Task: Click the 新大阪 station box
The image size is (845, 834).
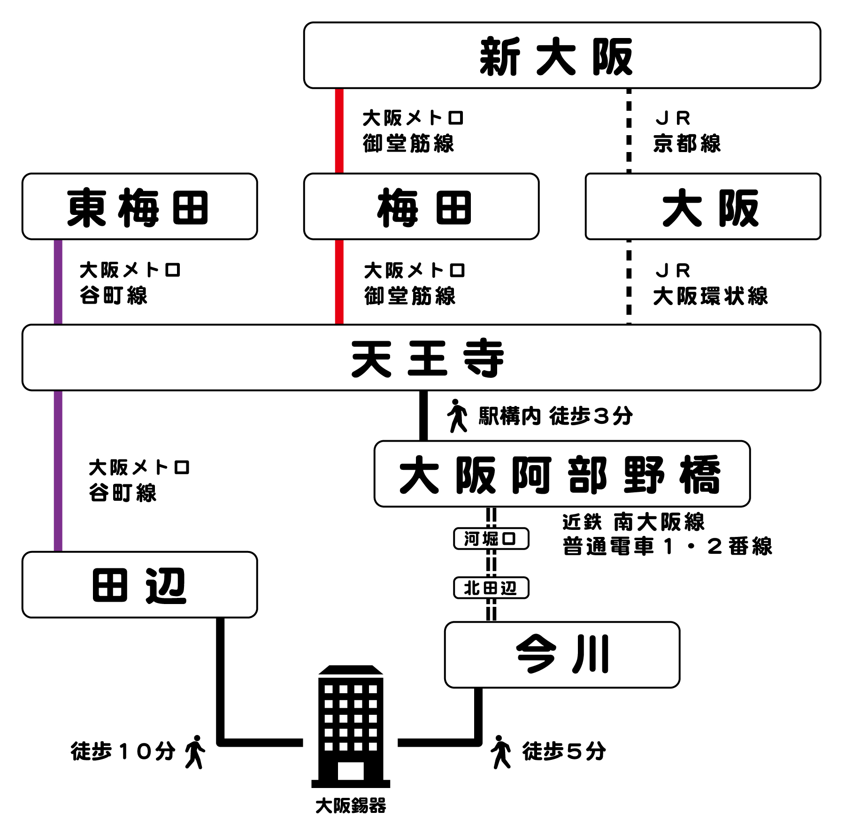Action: click(561, 55)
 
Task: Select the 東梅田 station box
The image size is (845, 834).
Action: click(139, 207)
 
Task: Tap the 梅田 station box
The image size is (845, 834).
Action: click(421, 207)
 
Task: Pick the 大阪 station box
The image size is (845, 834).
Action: click(702, 207)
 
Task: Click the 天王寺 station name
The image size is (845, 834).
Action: click(427, 358)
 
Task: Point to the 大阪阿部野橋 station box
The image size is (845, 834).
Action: click(561, 474)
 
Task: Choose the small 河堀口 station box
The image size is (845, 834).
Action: click(491, 538)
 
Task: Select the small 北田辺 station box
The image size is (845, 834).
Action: click(491, 588)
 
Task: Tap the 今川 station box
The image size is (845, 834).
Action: click(561, 655)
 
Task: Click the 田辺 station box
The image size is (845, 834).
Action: click(139, 584)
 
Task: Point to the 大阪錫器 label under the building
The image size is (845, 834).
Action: click(351, 806)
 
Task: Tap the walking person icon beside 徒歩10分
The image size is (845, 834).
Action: click(195, 752)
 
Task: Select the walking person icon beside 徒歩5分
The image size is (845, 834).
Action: click(501, 752)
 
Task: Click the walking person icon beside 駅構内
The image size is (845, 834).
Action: click(457, 416)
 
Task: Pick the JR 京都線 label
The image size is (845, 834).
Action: click(686, 131)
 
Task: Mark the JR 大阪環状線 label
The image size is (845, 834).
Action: click(710, 284)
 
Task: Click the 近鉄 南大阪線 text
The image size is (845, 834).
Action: click(633, 522)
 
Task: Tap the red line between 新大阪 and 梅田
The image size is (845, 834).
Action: click(339, 130)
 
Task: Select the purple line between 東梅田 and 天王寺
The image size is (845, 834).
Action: click(58, 282)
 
